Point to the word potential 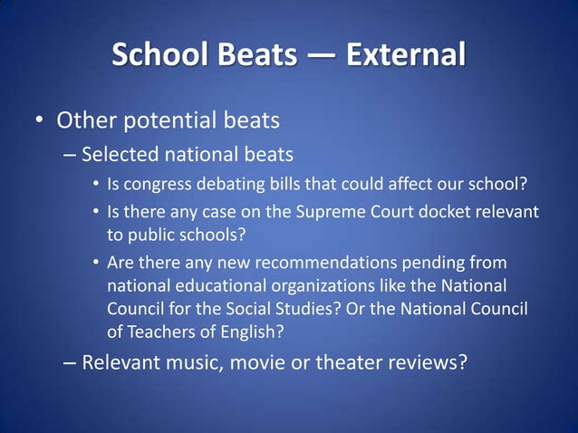click(168, 120)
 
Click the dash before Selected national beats click(70, 154)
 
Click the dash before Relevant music click(70, 363)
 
